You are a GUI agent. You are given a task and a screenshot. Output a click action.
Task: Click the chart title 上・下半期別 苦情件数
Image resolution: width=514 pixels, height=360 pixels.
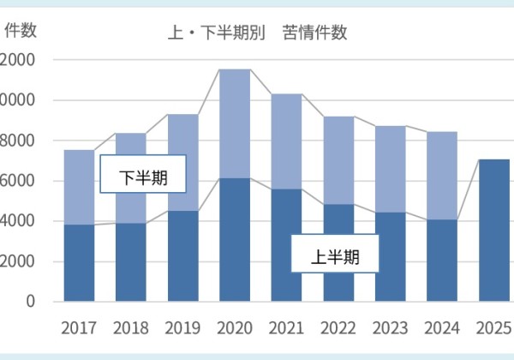258,34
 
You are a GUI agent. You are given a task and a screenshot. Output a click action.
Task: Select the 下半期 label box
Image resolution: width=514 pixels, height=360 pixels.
142,178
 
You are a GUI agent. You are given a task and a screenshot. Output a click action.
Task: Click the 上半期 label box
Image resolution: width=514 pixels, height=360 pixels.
334,255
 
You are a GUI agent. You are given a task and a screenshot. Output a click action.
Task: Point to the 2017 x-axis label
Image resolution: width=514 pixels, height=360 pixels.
79,328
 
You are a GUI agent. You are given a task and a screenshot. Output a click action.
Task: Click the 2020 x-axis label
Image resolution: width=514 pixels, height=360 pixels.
235,328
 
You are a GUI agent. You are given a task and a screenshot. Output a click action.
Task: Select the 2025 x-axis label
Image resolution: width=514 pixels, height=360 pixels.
493,328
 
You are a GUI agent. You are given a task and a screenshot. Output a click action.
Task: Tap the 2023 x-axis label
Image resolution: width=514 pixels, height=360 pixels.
391,328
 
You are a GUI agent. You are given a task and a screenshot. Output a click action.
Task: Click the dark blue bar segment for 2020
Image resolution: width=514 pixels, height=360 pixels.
235,240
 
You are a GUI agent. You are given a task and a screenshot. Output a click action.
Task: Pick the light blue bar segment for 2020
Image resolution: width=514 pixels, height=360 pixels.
235,123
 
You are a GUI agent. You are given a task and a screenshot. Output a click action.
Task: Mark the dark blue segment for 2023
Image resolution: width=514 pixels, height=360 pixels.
391,257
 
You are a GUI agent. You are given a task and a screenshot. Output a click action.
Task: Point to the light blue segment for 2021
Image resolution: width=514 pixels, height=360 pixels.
286,141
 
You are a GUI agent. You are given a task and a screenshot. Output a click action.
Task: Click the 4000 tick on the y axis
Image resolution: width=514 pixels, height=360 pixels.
17,221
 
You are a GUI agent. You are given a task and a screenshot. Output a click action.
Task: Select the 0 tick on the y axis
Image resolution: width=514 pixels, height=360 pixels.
30,302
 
